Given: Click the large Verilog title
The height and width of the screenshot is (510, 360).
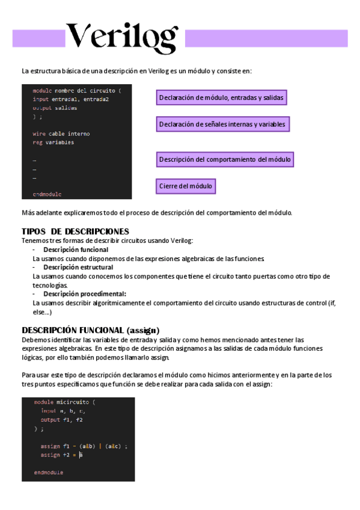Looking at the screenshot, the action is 121,38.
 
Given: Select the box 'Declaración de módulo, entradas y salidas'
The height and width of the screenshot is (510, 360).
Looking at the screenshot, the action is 221,97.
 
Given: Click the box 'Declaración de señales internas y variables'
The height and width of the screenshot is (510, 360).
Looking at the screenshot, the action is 222,124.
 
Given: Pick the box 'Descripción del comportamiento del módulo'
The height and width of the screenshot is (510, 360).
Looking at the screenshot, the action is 225,159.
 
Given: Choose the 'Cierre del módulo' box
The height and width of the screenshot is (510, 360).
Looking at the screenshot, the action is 186,186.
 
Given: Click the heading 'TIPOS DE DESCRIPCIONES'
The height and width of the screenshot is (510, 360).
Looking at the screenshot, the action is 75,232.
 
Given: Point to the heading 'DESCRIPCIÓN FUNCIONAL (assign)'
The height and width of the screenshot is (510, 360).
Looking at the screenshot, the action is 90,330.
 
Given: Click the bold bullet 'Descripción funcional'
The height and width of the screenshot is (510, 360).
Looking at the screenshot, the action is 76,249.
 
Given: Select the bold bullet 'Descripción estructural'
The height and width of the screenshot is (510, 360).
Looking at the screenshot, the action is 78,267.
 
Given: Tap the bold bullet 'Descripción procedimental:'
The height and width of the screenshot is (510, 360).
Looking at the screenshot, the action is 85,294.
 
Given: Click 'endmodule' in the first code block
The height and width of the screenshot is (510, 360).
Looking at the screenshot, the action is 47,194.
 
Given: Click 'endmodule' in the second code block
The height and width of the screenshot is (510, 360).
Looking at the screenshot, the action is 49,472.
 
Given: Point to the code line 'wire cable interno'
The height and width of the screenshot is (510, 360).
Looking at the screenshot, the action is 61,134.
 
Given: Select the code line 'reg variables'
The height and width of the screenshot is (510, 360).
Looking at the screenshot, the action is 53,143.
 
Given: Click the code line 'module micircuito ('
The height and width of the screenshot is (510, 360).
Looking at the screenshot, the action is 64,402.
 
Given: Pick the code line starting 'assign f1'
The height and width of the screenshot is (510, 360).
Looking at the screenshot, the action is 84,446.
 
